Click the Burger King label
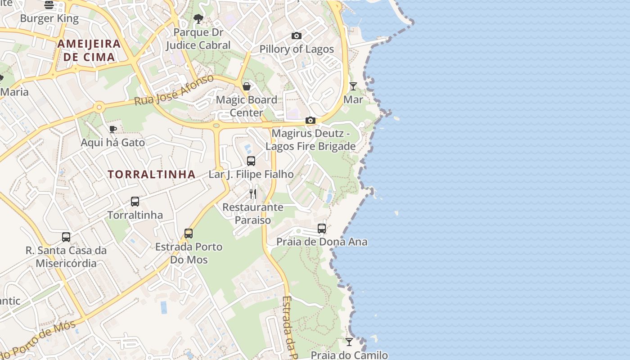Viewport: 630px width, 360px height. click(49, 18)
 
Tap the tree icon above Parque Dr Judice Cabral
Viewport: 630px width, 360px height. click(198, 19)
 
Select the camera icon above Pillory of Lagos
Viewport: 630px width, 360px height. click(297, 36)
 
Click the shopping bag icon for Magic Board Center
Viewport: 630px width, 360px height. click(247, 86)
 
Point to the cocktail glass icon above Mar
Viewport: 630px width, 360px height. click(353, 86)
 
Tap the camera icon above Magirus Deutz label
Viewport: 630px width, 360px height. click(310, 120)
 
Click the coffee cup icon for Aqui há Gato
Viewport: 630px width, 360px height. click(113, 130)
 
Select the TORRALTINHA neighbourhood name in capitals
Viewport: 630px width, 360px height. click(152, 175)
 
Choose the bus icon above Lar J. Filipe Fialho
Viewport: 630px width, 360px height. click(251, 161)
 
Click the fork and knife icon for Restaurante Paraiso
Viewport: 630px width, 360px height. click(253, 194)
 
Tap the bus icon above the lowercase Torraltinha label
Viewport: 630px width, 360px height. click(135, 202)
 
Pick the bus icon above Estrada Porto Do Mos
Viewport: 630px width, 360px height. click(189, 234)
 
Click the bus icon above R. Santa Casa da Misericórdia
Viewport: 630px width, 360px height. click(66, 237)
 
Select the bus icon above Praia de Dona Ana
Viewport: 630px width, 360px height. click(322, 229)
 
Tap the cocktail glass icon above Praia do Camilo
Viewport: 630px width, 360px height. click(349, 342)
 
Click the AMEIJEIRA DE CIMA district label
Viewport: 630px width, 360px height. click(89, 50)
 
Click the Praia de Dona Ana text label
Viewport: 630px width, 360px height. click(322, 242)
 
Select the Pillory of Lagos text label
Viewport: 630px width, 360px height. click(297, 49)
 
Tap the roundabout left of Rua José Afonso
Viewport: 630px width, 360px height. click(99, 107)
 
